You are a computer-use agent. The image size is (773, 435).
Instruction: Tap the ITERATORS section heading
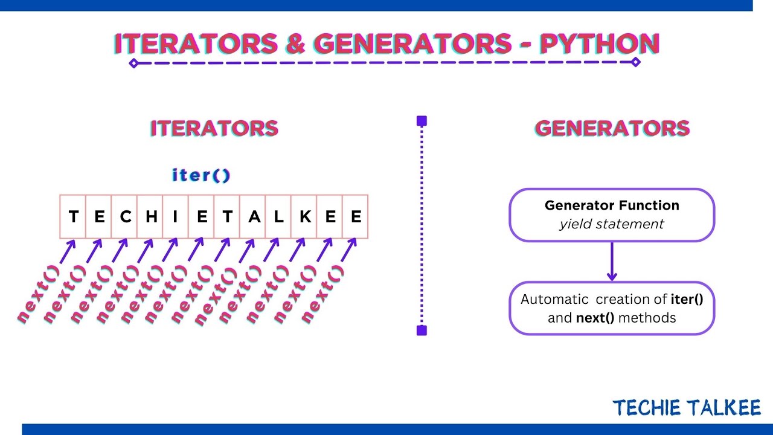[x=214, y=128]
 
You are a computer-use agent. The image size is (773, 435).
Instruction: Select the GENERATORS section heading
[x=612, y=128]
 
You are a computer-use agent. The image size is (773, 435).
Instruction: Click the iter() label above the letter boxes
[x=201, y=176]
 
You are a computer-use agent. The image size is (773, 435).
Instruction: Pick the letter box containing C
[x=125, y=216]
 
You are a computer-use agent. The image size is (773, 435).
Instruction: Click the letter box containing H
[x=150, y=216]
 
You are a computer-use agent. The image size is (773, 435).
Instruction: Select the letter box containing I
[x=176, y=216]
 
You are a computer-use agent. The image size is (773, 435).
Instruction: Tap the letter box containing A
[x=253, y=216]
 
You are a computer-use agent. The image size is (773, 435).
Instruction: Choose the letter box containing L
[x=278, y=216]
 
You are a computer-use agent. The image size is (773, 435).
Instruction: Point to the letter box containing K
[x=304, y=216]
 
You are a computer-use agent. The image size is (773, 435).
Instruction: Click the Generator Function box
[x=612, y=214]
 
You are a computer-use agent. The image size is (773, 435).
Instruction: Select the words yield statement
[x=612, y=224]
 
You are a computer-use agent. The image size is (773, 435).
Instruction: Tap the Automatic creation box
[x=612, y=308]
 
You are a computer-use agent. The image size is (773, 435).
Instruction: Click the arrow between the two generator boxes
[x=612, y=261]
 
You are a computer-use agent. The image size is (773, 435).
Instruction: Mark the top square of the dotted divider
[x=422, y=121]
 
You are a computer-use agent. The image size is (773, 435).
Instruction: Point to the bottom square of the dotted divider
[x=422, y=330]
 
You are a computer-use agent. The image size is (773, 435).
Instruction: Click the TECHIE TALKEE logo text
[x=687, y=408]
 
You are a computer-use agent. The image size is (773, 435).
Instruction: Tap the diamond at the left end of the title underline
[x=134, y=63]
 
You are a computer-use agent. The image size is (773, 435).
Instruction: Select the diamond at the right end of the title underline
[x=635, y=62]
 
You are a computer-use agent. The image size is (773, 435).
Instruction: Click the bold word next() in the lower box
[x=594, y=318]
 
